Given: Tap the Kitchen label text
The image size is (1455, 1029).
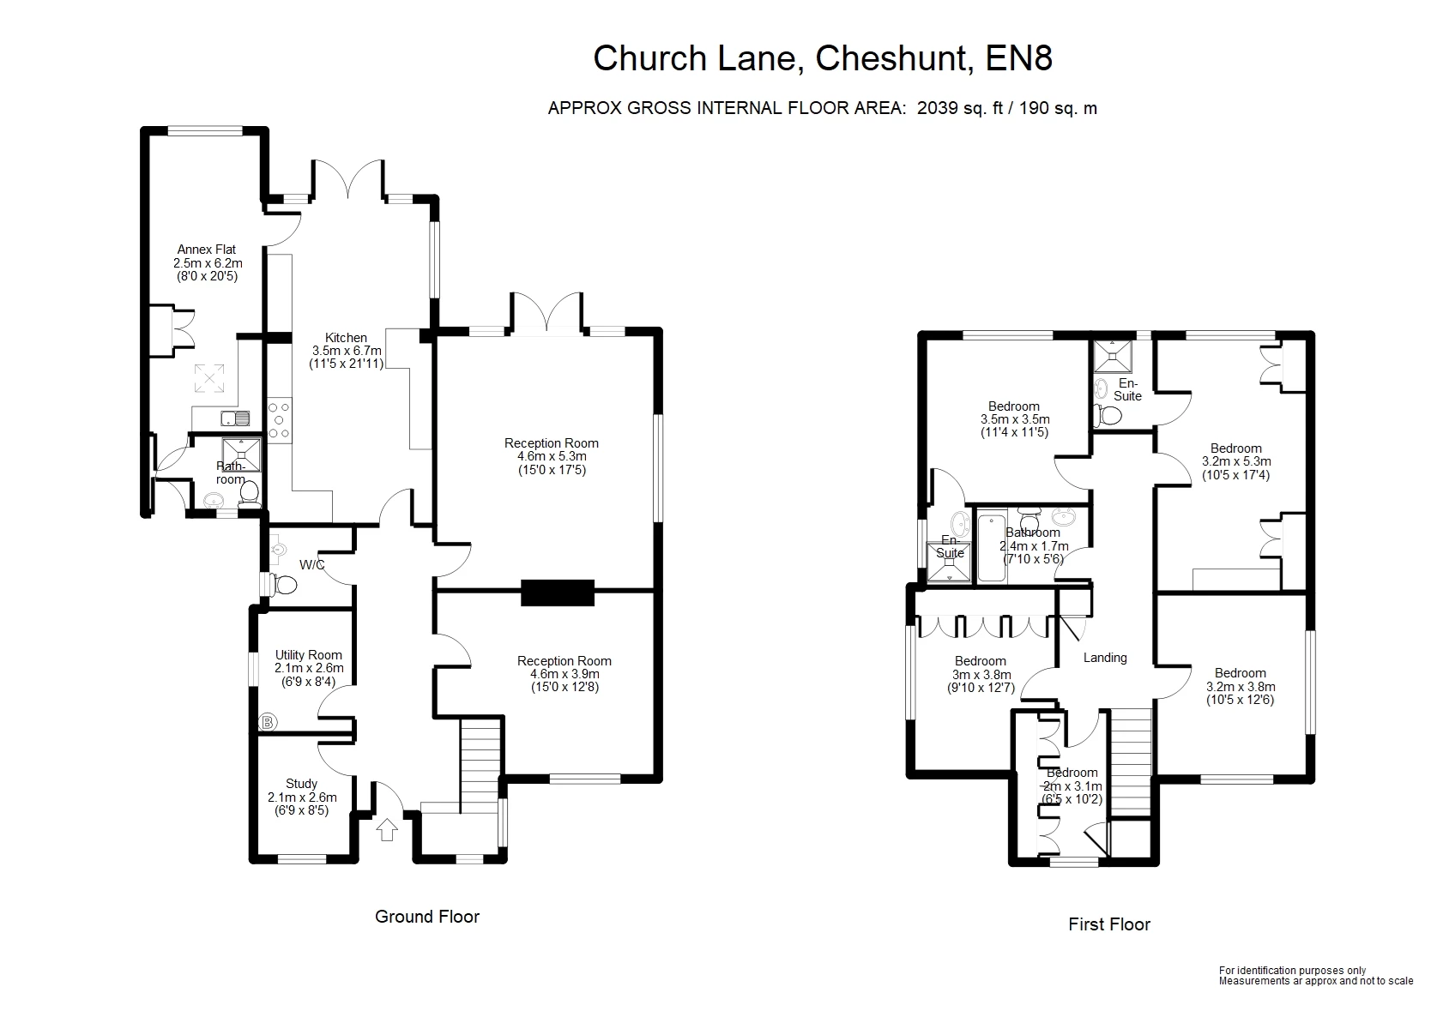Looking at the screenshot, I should (346, 338).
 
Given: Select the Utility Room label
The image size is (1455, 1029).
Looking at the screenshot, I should (309, 655).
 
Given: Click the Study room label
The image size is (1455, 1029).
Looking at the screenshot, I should (301, 784).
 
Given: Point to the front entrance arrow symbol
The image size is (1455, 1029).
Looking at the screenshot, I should (387, 830).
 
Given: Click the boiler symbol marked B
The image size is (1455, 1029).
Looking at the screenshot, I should (268, 722).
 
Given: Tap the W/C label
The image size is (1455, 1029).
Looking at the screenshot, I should (311, 565).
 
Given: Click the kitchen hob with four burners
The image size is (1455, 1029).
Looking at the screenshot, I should (280, 419).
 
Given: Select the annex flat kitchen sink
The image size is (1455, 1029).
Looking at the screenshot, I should (234, 418).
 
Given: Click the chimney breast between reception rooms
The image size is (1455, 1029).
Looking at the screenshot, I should (558, 593).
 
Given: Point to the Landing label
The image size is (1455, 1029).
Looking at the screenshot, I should (1104, 658).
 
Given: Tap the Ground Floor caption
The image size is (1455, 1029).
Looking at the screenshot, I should (426, 917).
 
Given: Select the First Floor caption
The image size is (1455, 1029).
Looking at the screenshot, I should (1108, 924).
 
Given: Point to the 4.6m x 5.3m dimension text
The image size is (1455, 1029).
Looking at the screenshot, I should (552, 456).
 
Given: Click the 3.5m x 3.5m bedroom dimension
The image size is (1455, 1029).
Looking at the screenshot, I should (1015, 419).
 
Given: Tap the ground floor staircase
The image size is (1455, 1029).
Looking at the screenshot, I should (480, 763).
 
